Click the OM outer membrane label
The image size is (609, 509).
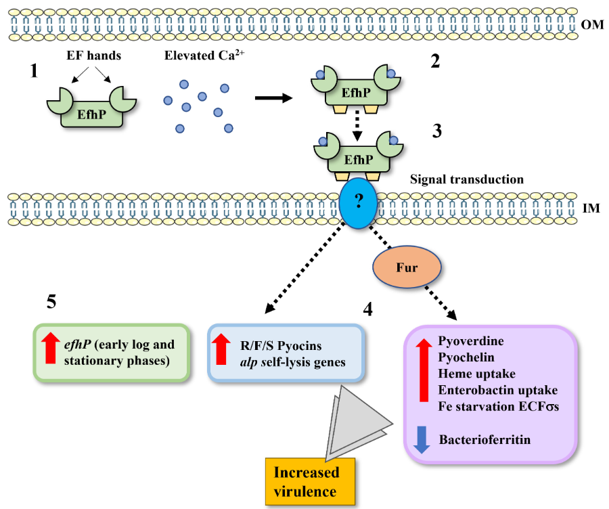[x=591, y=25]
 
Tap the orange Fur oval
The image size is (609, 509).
[x=407, y=267]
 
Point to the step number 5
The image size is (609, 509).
[x=51, y=302]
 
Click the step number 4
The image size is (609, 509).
[x=368, y=309]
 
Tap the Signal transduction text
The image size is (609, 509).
[x=466, y=179]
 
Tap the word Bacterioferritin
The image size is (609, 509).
[x=484, y=440]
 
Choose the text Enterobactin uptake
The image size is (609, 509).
[x=497, y=390]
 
